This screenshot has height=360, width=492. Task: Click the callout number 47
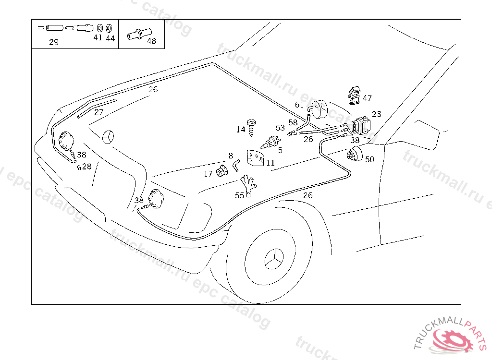367,98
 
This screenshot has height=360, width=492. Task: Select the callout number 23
376,114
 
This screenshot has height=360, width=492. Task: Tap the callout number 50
369,159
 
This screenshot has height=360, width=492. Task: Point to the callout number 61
299,105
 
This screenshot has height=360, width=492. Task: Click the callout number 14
241,129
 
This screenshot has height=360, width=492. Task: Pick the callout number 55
239,195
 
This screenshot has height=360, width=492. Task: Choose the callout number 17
208,174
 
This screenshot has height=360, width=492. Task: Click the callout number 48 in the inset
151,41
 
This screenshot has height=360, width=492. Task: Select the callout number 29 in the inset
54,42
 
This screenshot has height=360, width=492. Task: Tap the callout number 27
98,112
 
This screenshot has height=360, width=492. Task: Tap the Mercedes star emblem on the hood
109,137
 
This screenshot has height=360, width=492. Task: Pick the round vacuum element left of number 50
355,155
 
